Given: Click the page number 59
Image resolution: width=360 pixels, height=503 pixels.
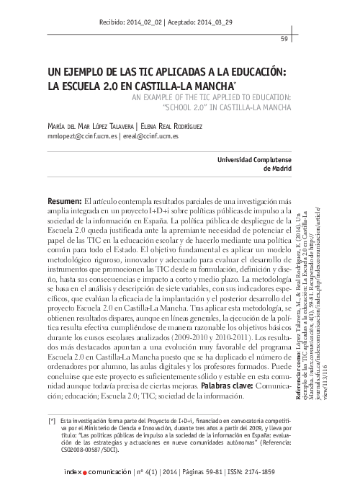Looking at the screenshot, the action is (x=284, y=38).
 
